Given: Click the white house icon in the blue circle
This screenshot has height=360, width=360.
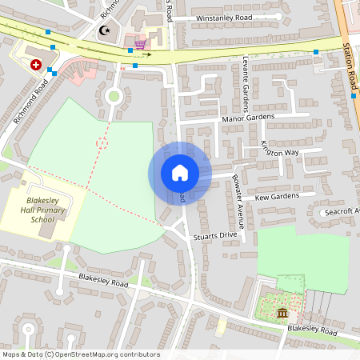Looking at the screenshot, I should tap(179, 172).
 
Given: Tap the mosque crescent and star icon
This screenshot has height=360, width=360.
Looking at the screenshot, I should tap(103, 30).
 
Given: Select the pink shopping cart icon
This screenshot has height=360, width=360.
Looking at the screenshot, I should tap(141, 44).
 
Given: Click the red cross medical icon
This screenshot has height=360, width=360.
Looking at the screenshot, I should tap(36, 64).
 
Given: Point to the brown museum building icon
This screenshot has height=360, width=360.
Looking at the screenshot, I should tap(282, 311).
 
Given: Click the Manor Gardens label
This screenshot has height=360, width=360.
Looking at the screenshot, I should tap(248, 118).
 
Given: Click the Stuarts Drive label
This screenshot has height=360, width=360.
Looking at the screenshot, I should tap(217, 236).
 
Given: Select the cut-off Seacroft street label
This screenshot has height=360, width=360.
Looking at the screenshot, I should tap(341, 212).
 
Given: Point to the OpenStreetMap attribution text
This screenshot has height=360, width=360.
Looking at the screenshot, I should tap(80, 354).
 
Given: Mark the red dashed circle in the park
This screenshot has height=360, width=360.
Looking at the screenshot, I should tap(102, 143).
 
